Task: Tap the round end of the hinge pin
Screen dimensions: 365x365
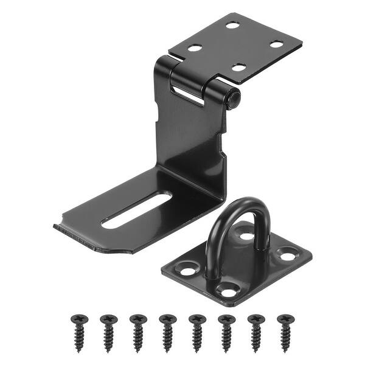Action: (232, 99)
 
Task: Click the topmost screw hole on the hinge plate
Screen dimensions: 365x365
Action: (232, 25)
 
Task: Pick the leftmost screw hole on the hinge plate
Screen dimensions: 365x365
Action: (195, 47)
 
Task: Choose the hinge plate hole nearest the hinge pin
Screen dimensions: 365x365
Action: (238, 67)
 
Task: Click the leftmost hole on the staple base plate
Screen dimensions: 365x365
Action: (186, 266)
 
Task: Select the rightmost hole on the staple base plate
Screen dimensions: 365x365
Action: (285, 255)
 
